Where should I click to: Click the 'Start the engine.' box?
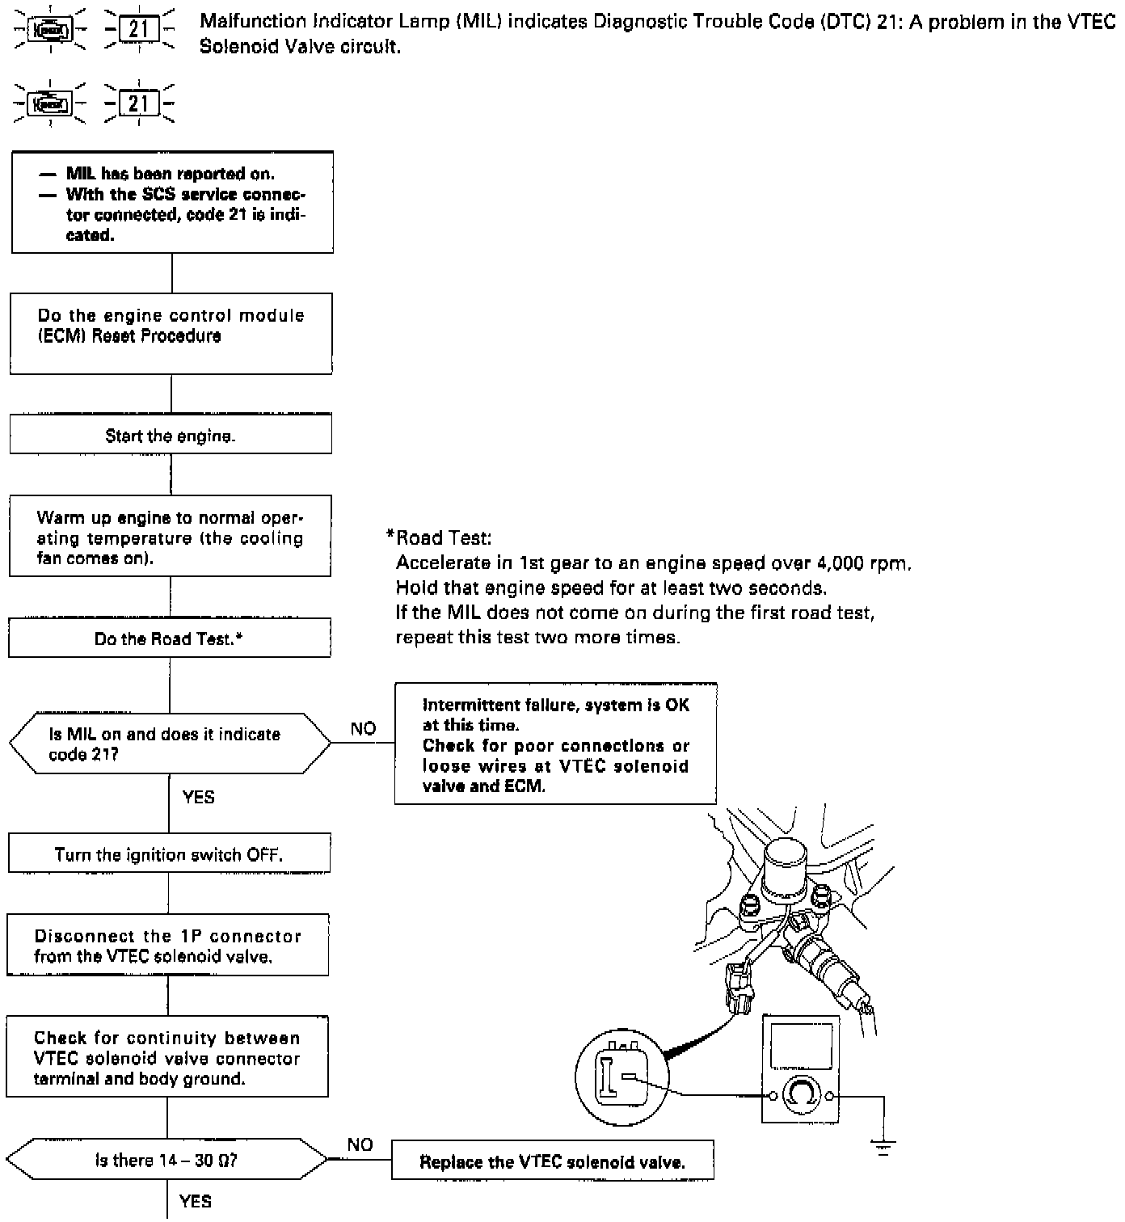coord(171,435)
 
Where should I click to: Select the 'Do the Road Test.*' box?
coord(170,638)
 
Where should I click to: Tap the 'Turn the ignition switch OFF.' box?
coord(169,854)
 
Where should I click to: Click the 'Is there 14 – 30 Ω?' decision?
coord(166,1160)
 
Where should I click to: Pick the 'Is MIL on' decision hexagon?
coord(170,744)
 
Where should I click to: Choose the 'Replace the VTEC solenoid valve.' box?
coord(553,1161)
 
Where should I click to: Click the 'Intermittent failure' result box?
coord(555,744)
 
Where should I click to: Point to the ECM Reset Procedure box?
coord(171,334)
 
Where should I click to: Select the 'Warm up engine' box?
coord(170,537)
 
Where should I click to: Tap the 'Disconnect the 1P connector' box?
coord(167,946)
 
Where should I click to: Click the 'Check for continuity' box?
coord(167,1057)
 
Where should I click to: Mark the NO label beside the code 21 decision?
coord(363,728)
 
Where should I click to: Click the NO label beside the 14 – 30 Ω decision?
coord(360,1144)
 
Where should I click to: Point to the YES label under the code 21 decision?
coord(198,797)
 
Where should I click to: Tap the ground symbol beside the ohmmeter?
coord(883,1146)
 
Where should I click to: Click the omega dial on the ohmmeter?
coord(802,1096)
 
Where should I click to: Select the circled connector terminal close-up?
coord(618,1077)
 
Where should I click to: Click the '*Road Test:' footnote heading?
coord(440,537)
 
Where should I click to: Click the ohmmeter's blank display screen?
coord(800,1047)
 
